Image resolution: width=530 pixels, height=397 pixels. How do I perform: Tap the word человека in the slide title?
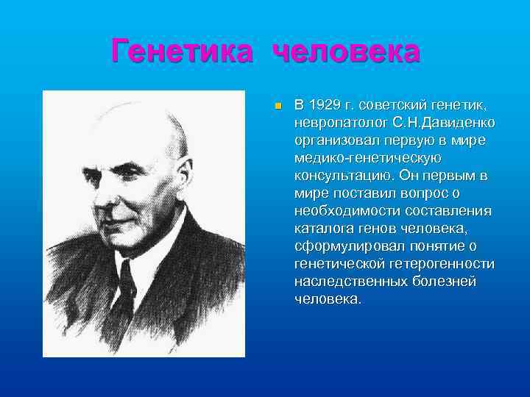(x=347, y=52)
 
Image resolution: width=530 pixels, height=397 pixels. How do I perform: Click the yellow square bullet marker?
(x=278, y=107)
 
